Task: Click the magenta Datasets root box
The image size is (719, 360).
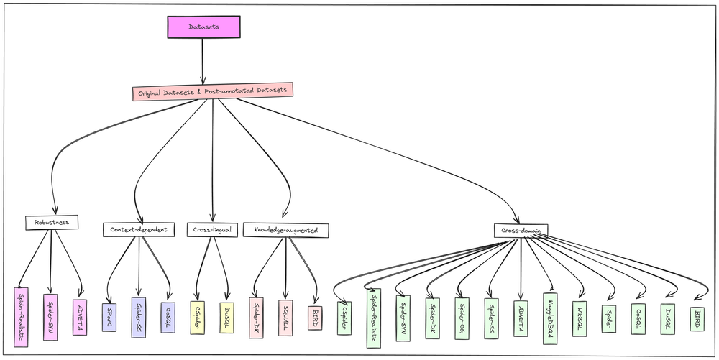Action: pos(203,27)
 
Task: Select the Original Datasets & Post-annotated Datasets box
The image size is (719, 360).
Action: pos(212,91)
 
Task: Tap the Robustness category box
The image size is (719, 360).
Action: pos(51,223)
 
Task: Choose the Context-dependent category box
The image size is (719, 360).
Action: pos(138,230)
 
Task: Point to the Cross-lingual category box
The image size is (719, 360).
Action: pos(212,230)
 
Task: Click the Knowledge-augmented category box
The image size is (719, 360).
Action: pos(285,230)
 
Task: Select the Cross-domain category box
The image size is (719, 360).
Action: pos(521,231)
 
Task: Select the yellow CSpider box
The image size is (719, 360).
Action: pos(197,317)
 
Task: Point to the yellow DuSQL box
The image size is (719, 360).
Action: pos(227,317)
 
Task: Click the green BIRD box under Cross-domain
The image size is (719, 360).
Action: pos(697,318)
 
